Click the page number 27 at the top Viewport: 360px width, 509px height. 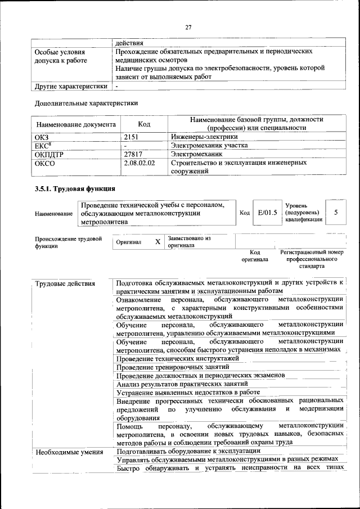coord(188,27)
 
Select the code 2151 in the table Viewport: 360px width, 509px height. coord(131,136)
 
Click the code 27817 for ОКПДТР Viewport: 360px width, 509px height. coord(134,153)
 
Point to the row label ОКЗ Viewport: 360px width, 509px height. coord(43,136)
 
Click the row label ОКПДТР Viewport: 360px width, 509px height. coord(51,153)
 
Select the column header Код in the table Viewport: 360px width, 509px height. coord(144,124)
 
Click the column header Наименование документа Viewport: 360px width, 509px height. coord(76,124)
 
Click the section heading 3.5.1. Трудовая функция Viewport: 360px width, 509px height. coord(75,188)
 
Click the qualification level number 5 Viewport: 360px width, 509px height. coord(336,212)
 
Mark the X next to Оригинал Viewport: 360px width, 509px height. coord(158,242)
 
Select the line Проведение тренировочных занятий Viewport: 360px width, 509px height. coord(173,367)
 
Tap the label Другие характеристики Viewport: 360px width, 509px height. coord(71,87)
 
